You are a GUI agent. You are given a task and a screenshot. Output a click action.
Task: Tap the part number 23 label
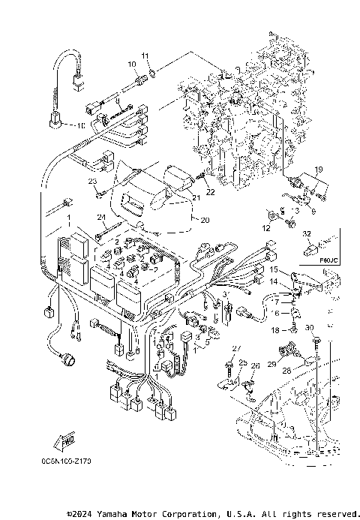(x=93, y=182)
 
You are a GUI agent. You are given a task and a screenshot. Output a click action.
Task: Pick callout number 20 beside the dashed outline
(x=197, y=221)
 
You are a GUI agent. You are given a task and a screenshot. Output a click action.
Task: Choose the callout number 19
(x=317, y=170)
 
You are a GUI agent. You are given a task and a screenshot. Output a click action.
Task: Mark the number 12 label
(x=266, y=227)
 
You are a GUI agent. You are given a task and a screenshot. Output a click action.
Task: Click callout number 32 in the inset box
(x=306, y=235)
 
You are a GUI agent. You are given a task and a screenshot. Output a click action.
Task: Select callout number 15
(x=274, y=269)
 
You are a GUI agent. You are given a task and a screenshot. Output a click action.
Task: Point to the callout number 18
(x=274, y=329)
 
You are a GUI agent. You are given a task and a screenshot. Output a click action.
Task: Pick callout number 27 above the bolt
(x=235, y=349)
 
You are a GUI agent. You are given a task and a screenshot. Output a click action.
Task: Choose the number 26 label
(x=255, y=365)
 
